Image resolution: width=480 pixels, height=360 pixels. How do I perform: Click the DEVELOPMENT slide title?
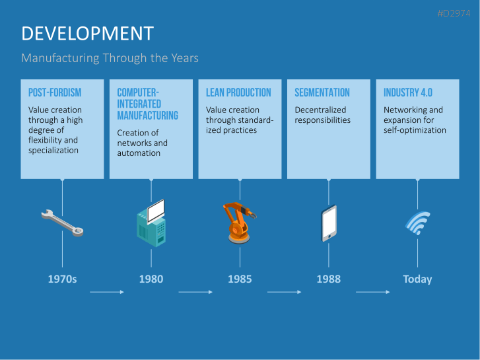click(x=87, y=34)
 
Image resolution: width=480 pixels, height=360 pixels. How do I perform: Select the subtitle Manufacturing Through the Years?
click(x=110, y=58)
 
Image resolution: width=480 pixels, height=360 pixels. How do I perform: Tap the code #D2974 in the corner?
click(x=458, y=13)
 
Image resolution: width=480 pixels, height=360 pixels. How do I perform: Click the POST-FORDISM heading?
click(x=55, y=93)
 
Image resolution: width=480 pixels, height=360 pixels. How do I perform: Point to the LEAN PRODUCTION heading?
click(x=238, y=93)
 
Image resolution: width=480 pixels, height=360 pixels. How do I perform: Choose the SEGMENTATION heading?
click(x=322, y=93)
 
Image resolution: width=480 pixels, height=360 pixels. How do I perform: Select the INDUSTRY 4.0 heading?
click(x=408, y=93)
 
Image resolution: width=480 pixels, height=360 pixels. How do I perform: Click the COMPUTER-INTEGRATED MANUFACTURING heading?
click(x=147, y=104)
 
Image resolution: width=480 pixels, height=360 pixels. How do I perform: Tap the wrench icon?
click(x=62, y=223)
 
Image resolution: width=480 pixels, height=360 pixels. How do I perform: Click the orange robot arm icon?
click(x=238, y=222)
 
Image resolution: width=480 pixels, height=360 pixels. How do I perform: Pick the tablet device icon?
click(x=329, y=223)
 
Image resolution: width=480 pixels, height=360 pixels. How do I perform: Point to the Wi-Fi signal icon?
click(x=417, y=223)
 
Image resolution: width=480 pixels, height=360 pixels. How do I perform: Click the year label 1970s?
click(x=62, y=279)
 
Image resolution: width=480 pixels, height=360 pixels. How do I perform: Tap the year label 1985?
click(x=240, y=279)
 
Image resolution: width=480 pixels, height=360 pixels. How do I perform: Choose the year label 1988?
click(x=328, y=279)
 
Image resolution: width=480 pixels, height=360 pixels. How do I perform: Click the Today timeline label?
click(x=417, y=279)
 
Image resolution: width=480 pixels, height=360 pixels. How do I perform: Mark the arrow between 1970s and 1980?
click(x=106, y=291)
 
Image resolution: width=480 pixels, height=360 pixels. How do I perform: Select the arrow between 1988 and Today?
click(x=372, y=291)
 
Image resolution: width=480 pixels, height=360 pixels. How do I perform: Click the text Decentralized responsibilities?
click(x=322, y=115)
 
